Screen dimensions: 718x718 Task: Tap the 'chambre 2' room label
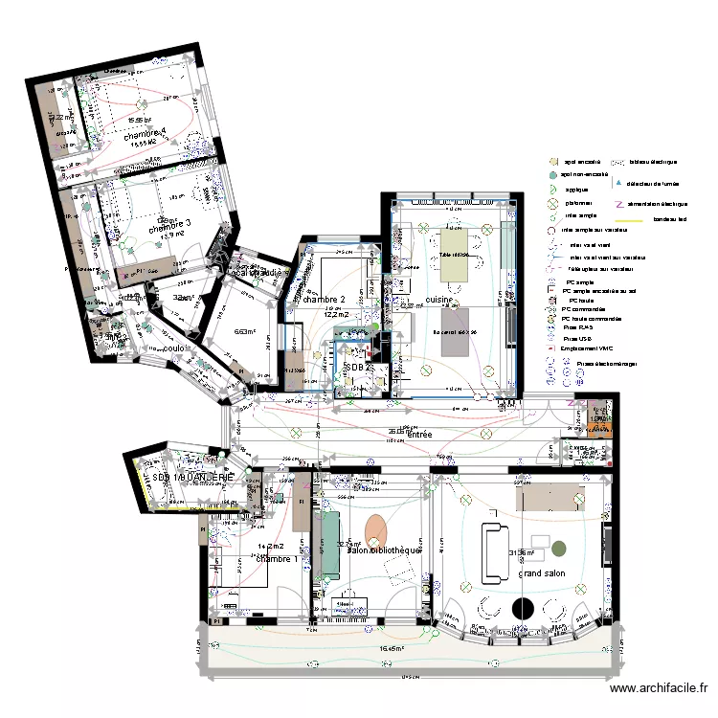[323, 300]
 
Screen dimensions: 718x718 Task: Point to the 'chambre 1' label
[276, 558]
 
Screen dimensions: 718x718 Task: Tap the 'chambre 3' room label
[169, 223]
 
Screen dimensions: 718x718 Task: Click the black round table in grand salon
[523, 607]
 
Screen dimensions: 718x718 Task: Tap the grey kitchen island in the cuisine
[457, 327]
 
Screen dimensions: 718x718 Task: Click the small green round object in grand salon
[558, 550]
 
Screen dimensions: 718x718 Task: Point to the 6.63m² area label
[245, 333]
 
